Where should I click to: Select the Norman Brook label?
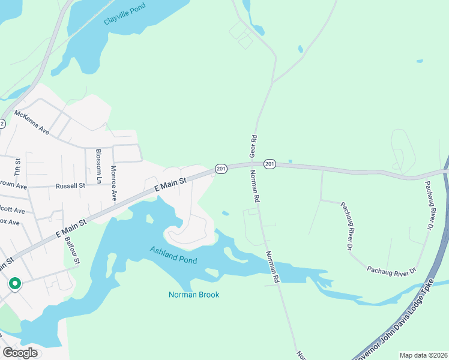(193, 295)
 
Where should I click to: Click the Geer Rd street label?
(253, 143)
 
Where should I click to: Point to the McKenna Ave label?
(32, 121)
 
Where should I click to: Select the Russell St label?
(71, 186)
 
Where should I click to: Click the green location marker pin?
(14, 283)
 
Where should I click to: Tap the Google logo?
(20, 353)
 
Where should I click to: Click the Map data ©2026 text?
(423, 355)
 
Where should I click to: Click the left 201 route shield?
(220, 169)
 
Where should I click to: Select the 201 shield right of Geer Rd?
(269, 164)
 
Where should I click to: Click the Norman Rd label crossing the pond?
(273, 267)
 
